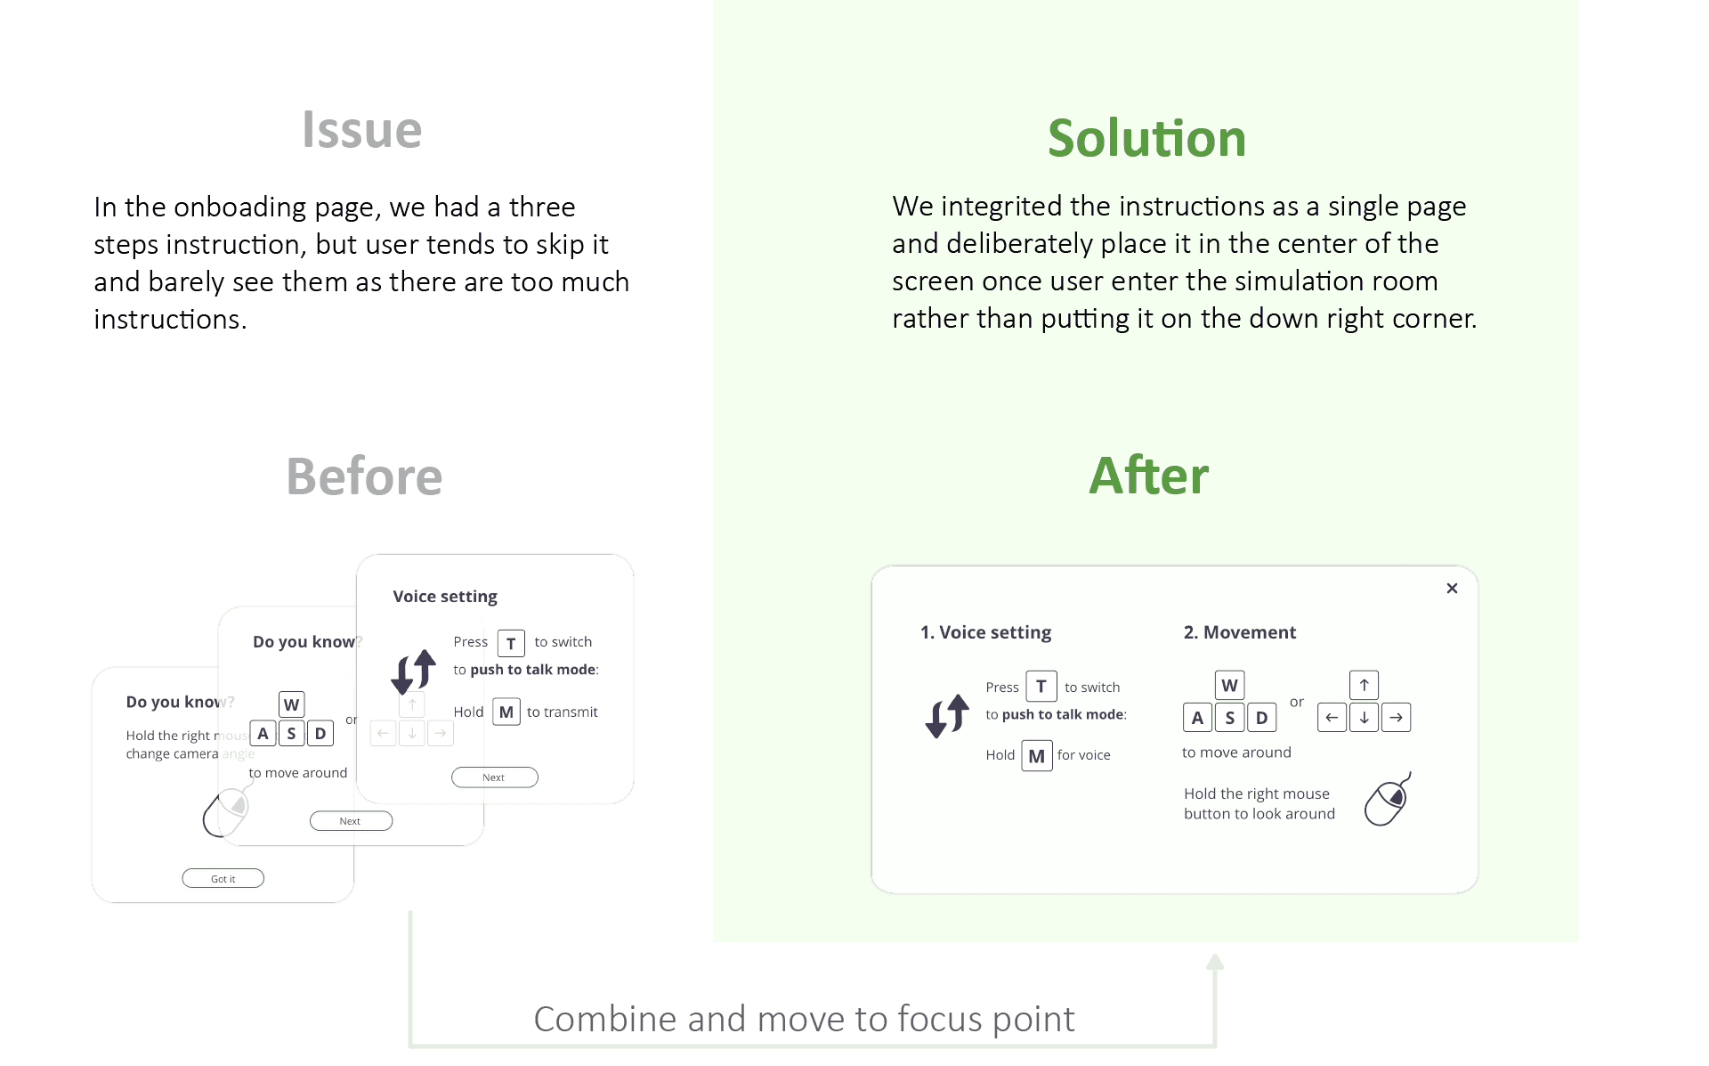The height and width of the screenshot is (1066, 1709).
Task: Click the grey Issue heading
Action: click(361, 130)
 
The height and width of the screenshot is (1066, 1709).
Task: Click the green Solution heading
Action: click(1146, 139)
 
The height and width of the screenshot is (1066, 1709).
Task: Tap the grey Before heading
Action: click(364, 476)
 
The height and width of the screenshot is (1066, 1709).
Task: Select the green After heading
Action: click(1148, 476)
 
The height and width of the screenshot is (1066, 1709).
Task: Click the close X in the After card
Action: click(1452, 588)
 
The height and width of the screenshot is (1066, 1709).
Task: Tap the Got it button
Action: click(223, 878)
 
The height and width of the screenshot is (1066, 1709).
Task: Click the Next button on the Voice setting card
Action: click(494, 777)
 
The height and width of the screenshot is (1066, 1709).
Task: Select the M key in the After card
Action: click(1036, 756)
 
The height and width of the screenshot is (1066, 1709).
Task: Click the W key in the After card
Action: click(1229, 685)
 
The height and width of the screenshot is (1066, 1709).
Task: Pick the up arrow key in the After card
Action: click(1364, 685)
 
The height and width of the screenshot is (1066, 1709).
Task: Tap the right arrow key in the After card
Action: click(1396, 717)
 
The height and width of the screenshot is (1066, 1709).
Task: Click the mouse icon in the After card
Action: click(1388, 800)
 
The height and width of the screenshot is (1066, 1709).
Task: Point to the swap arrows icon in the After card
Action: click(947, 716)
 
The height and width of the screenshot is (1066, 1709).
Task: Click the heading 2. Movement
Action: click(1239, 632)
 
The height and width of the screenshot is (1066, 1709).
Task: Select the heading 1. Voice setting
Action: click(985, 632)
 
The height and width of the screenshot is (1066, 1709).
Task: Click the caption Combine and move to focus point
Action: click(804, 1019)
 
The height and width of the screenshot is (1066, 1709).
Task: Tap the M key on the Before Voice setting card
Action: click(506, 712)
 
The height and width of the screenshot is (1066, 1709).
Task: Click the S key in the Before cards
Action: click(291, 733)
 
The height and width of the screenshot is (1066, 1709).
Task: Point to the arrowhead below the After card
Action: click(1215, 962)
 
